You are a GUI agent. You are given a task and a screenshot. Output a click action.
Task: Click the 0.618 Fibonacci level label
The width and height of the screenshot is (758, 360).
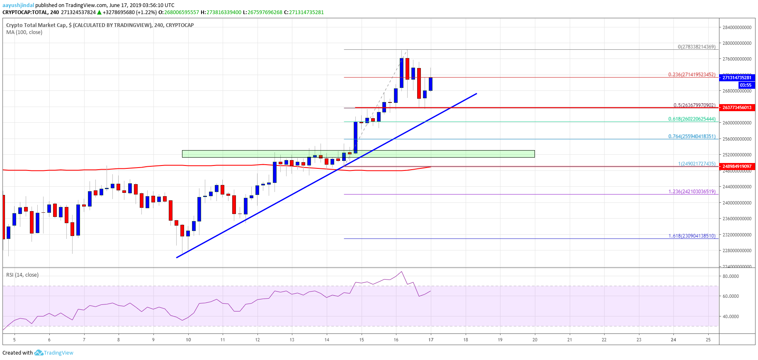692,119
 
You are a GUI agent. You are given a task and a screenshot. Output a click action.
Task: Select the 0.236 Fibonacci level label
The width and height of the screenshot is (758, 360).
692,75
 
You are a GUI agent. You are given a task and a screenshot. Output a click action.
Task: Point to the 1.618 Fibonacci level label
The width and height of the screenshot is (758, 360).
692,236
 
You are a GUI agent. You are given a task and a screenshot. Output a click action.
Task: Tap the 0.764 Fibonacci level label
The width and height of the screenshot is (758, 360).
692,136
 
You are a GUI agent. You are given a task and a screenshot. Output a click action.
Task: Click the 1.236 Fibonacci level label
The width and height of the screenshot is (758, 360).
692,192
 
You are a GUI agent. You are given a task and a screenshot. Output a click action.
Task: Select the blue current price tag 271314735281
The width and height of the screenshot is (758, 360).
737,78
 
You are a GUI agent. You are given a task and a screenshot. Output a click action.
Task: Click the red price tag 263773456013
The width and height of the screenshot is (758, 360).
737,107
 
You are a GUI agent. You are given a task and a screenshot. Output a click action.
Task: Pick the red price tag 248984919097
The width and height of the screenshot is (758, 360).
737,166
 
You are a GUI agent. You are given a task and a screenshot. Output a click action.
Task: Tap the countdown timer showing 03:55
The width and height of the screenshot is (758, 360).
745,85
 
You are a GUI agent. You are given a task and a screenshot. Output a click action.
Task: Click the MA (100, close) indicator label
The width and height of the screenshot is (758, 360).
24,32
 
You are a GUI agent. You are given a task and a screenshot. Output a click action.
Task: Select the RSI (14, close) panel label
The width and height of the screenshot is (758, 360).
22,275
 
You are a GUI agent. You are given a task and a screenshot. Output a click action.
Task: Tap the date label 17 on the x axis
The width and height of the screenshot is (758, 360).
431,340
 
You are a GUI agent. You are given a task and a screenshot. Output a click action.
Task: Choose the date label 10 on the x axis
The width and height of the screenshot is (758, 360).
188,340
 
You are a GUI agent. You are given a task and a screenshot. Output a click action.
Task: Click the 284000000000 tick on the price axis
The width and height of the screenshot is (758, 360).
736,27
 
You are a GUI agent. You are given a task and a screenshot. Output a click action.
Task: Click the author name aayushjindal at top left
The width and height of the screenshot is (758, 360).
18,5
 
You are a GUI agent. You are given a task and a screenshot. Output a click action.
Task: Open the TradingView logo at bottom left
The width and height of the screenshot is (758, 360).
54,353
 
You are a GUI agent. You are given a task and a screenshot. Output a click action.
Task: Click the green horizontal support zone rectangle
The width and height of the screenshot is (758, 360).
358,154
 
